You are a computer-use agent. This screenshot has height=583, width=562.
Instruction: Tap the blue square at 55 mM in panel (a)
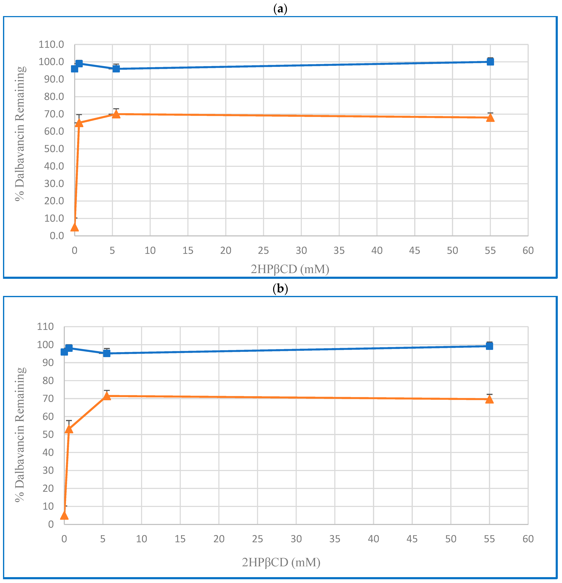coord(490,62)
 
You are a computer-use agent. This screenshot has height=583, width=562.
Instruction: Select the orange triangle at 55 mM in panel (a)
coord(490,118)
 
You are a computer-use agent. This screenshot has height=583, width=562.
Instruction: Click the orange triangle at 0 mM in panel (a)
coord(74,227)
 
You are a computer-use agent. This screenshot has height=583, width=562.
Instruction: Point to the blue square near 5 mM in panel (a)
coord(116,69)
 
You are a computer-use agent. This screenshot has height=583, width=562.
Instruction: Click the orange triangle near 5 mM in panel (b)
coord(107,396)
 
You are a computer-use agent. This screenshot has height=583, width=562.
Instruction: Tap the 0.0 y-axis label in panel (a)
coord(57,236)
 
